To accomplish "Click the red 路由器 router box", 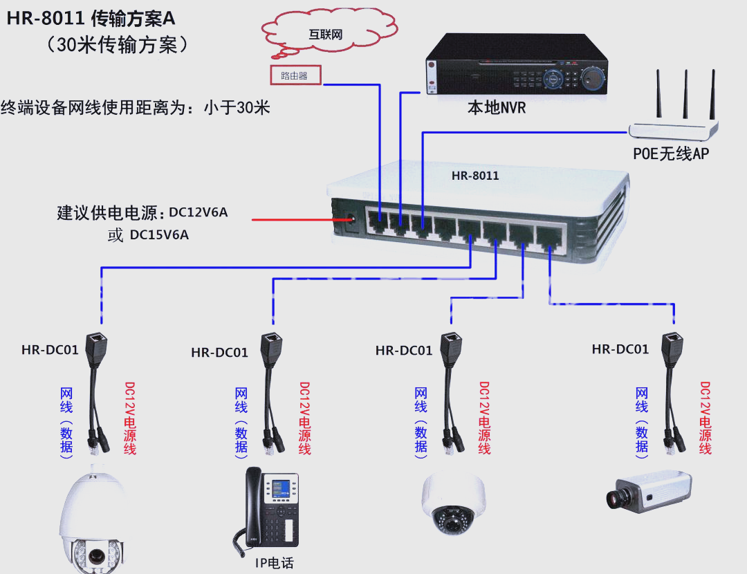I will tap(295, 75).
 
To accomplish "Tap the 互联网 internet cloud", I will tap(326, 33).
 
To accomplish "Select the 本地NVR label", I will tap(497, 108).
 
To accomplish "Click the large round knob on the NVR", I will tap(592, 77).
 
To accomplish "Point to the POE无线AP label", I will tap(671, 154).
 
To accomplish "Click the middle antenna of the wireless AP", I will tap(685, 93).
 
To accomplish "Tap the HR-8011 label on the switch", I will tap(475, 176).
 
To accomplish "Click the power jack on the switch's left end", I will tap(350, 221).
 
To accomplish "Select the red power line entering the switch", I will tap(294, 220).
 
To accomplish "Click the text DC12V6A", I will tap(198, 212).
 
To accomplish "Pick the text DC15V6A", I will tap(159, 235).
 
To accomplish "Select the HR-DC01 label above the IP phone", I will tap(219, 353).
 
